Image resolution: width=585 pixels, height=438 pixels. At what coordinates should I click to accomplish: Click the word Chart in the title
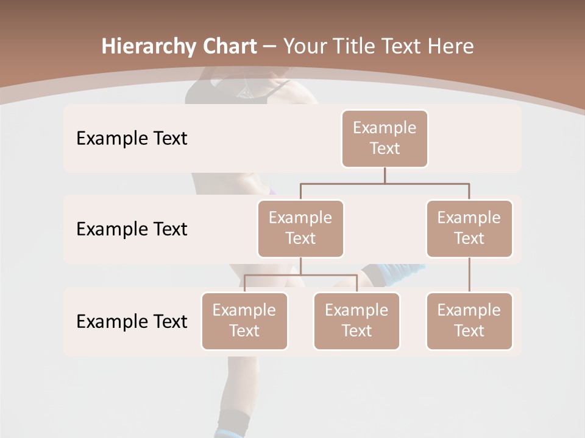click(229, 47)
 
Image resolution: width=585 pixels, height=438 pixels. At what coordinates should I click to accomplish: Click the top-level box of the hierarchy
click(385, 138)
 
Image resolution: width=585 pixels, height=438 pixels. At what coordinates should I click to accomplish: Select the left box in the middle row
click(300, 228)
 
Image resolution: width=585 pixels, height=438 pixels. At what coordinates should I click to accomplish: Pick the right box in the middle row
click(469, 228)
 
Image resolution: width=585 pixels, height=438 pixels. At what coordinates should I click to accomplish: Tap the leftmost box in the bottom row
click(244, 321)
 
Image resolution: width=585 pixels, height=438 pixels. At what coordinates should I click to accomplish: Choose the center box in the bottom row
click(356, 321)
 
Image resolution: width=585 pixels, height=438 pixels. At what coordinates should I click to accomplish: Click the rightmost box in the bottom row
click(469, 321)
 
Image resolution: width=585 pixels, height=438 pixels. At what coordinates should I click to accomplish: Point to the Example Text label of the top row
click(132, 139)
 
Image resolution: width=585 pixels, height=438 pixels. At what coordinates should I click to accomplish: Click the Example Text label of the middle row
click(132, 229)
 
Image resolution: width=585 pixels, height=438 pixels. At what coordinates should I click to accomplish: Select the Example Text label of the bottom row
click(132, 321)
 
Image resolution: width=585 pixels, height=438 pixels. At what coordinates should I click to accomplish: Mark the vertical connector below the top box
click(385, 175)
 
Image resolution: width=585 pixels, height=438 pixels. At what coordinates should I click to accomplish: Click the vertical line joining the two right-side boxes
click(469, 275)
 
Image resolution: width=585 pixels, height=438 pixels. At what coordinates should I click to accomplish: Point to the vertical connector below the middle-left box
click(300, 266)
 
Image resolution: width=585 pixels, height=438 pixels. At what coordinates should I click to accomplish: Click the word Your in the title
click(303, 47)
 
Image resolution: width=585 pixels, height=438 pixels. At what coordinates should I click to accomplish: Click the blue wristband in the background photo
click(396, 271)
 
